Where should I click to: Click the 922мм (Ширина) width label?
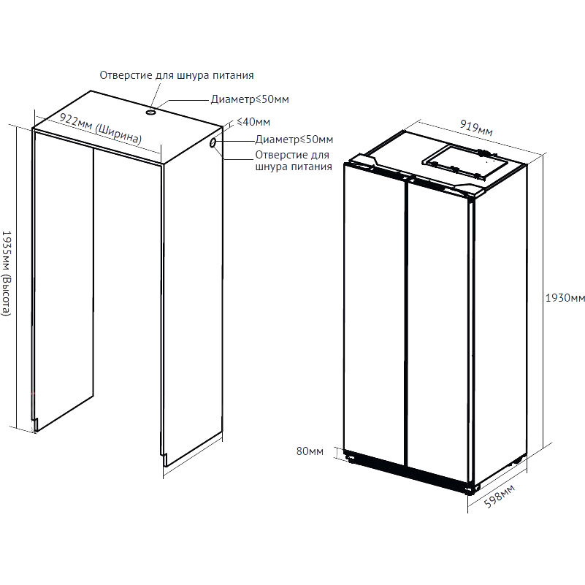point(101,129)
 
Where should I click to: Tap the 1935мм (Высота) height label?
point(7,273)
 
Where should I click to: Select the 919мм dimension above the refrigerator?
point(476,128)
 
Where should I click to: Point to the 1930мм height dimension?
point(565,298)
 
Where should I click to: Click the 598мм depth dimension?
point(500,496)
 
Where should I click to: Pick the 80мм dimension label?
point(310,451)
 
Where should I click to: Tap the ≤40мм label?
point(253,122)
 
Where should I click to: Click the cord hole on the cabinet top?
point(150,112)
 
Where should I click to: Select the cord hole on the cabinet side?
point(213,142)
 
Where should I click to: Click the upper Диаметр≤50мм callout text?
point(250,99)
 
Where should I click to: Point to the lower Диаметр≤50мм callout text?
point(294,139)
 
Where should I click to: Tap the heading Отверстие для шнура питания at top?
point(177,75)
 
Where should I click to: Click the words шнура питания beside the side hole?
point(294,167)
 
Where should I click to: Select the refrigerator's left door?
point(374,313)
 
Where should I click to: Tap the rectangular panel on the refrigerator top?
point(465,161)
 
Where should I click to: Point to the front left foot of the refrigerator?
point(351,457)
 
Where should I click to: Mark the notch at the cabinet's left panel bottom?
point(36,424)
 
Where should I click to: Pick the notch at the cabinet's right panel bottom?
point(164,459)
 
